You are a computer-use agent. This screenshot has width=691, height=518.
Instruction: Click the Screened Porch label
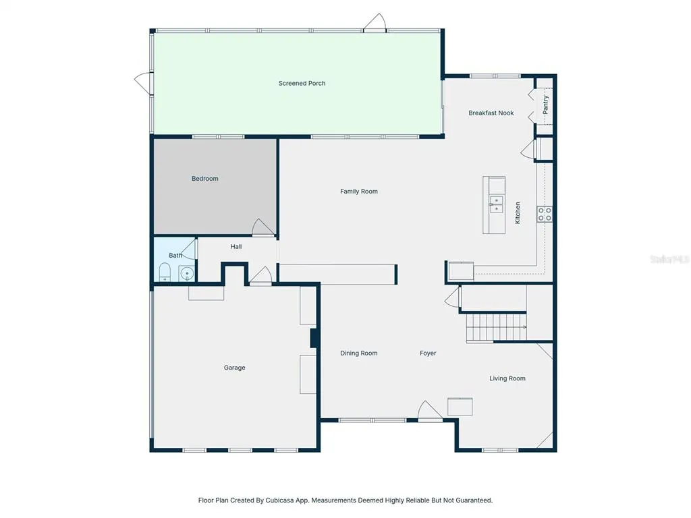click(302, 83)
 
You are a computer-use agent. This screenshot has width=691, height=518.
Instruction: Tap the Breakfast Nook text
click(491, 113)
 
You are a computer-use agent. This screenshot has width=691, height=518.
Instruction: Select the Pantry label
click(545, 105)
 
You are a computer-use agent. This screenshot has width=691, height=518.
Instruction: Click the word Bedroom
click(205, 179)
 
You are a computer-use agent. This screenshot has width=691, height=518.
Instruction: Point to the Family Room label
click(359, 192)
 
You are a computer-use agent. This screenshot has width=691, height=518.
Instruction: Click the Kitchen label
click(518, 212)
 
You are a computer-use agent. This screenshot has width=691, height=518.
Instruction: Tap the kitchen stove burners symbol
click(545, 214)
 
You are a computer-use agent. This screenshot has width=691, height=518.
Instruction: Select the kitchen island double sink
click(496, 205)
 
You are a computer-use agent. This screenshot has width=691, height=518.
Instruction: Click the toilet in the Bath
click(165, 272)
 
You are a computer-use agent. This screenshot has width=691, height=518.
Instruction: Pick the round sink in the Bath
click(187, 274)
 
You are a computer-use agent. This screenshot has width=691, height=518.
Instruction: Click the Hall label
click(236, 247)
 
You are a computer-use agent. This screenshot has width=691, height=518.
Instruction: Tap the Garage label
click(234, 368)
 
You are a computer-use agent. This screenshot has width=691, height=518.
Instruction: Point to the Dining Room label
click(359, 353)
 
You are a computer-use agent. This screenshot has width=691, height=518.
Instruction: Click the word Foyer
click(428, 353)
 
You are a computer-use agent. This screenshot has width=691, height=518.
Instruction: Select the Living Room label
click(507, 378)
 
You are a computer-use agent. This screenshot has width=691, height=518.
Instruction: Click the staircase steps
click(497, 327)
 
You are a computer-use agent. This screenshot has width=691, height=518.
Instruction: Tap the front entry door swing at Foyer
click(430, 411)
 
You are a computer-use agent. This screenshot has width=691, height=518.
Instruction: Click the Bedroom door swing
click(263, 228)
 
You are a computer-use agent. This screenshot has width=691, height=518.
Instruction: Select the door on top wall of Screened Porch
click(375, 22)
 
